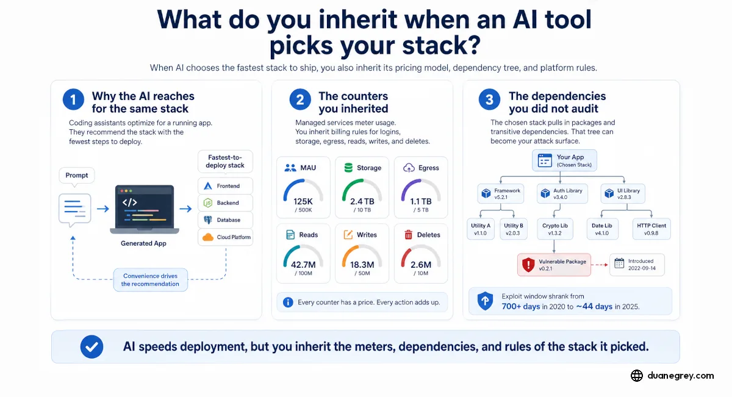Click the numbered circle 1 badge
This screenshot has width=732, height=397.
[x=73, y=99]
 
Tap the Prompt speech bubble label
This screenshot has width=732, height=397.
[x=77, y=176]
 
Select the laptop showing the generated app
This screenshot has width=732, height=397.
[x=144, y=209]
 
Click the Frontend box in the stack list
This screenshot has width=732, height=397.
[x=225, y=186]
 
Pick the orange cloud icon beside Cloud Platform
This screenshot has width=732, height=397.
[x=208, y=237]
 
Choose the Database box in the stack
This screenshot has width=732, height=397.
[x=225, y=220]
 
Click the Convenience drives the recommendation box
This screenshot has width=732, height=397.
[x=150, y=280]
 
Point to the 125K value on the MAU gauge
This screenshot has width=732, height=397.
[x=303, y=201]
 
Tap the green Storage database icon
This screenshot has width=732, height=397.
[x=348, y=168]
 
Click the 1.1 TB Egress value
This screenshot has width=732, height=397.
[x=420, y=201]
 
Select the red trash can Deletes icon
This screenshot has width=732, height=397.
[x=408, y=235]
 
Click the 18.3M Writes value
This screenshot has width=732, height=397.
[x=362, y=264]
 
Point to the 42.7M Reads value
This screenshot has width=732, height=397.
[x=303, y=264]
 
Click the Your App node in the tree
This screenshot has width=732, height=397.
[x=564, y=160]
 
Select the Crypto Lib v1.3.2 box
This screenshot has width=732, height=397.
[x=555, y=229]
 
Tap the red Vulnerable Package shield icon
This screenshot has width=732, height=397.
[x=528, y=265]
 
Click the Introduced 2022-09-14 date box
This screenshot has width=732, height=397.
[x=637, y=265]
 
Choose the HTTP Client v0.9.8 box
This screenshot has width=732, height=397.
[x=651, y=229]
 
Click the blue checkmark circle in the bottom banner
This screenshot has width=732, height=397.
[x=92, y=346]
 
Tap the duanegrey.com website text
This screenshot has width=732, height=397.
[x=681, y=376]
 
